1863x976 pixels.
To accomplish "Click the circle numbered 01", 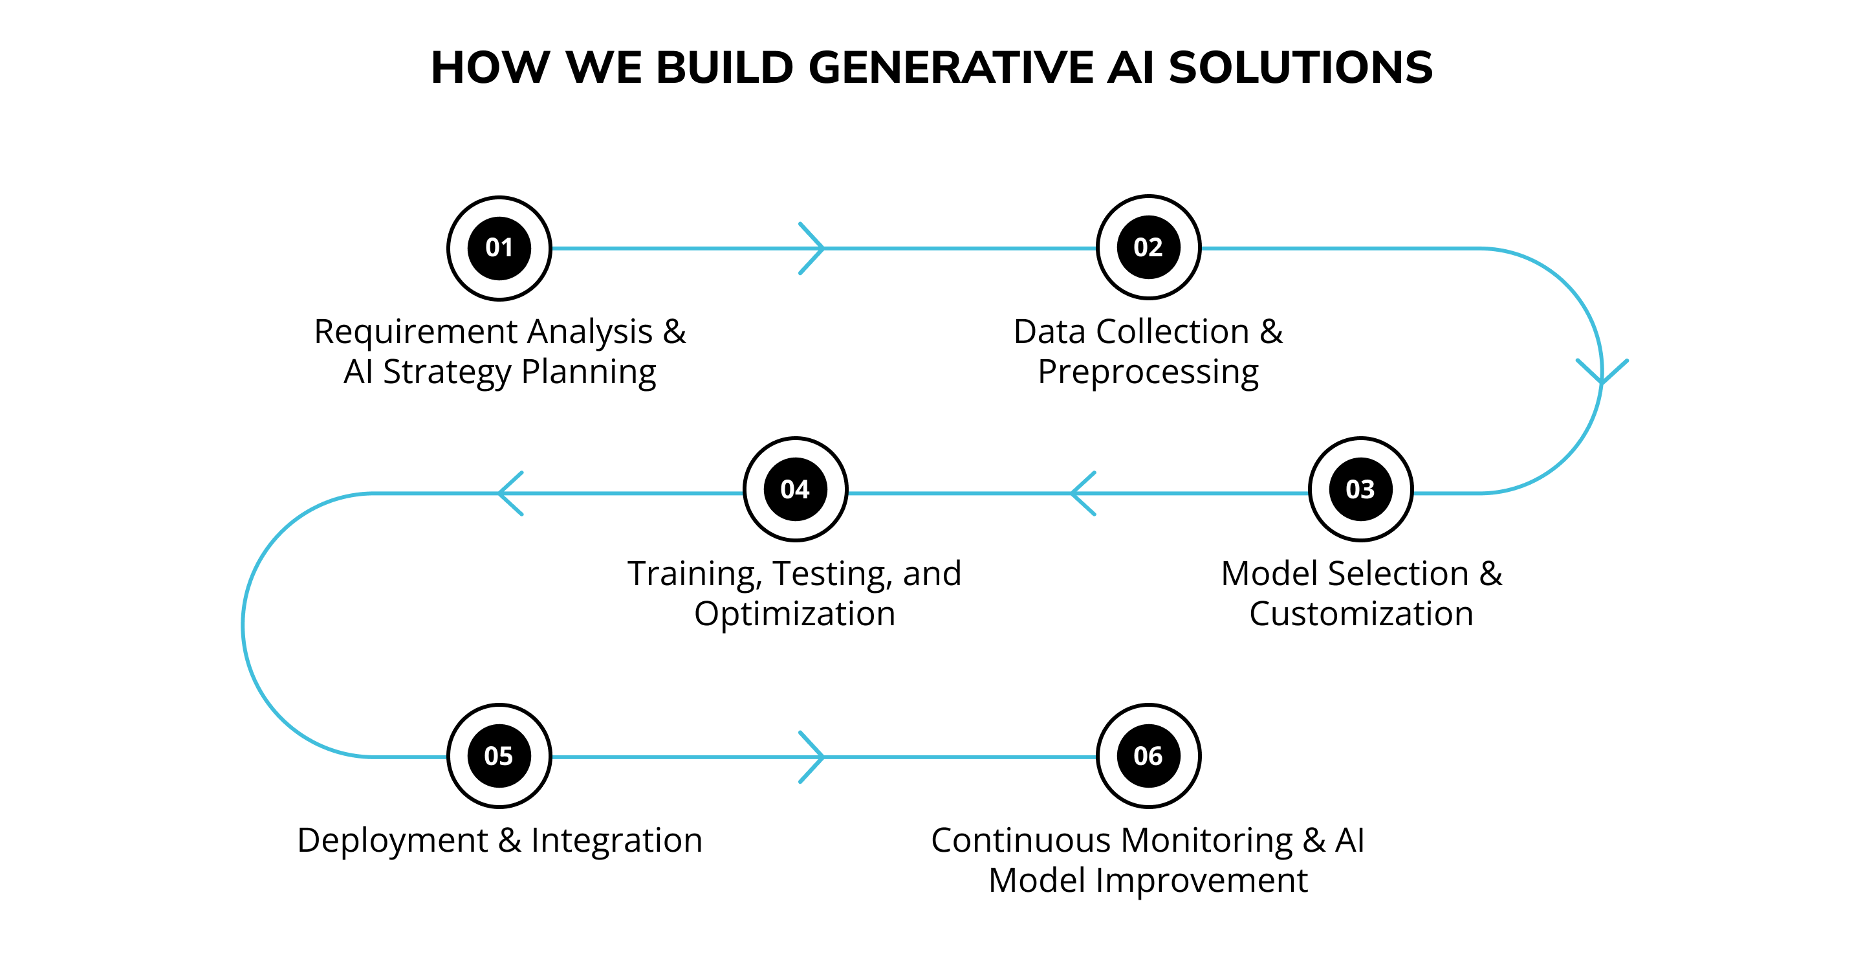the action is coord(499,248).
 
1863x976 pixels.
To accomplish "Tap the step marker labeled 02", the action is coord(1148,247).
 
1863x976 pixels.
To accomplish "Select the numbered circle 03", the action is coord(1360,489).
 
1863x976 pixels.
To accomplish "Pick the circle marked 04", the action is coord(796,489).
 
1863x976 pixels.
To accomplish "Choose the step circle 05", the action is coord(499,756).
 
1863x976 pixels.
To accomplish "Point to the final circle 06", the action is coord(1148,756).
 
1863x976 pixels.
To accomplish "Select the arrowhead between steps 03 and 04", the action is coord(1082,493).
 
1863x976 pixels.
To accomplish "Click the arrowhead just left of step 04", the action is coord(510,493).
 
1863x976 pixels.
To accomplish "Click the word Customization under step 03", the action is coord(1361,614).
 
